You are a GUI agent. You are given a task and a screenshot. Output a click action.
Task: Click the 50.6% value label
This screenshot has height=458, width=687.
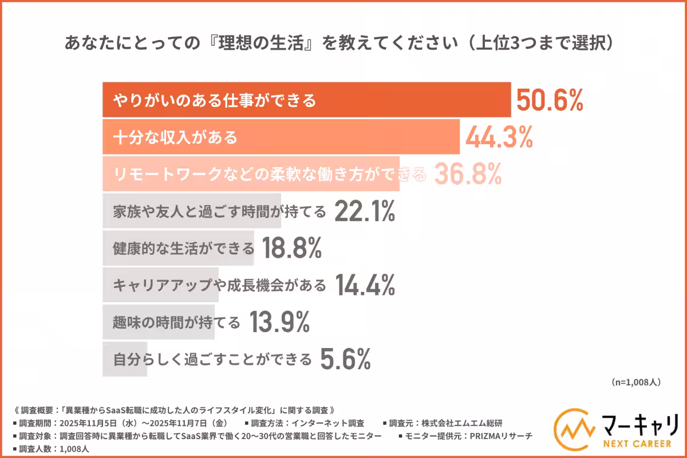(x=550, y=100)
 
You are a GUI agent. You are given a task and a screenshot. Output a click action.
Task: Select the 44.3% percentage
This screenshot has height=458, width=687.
(x=499, y=137)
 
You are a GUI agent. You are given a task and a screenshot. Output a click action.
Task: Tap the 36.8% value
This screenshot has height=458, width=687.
(x=468, y=174)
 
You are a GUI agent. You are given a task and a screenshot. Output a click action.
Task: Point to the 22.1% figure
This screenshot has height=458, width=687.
(x=364, y=211)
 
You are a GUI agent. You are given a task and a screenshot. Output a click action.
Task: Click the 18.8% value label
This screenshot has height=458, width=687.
(x=291, y=248)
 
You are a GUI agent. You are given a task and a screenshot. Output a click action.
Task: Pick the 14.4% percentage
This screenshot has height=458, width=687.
(x=364, y=285)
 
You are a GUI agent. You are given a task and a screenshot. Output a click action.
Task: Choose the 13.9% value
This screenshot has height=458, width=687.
(x=279, y=322)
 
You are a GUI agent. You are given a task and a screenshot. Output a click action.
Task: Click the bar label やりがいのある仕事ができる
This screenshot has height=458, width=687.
(x=215, y=101)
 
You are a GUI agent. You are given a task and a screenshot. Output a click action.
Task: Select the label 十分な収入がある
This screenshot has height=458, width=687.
(x=175, y=138)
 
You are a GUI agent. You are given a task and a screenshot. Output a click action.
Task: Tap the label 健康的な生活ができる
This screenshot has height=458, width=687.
(x=184, y=248)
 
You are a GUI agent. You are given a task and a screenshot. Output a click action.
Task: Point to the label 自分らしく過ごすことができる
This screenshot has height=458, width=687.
(x=212, y=360)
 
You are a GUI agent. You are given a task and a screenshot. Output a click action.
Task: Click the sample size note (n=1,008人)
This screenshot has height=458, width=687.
(x=635, y=382)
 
